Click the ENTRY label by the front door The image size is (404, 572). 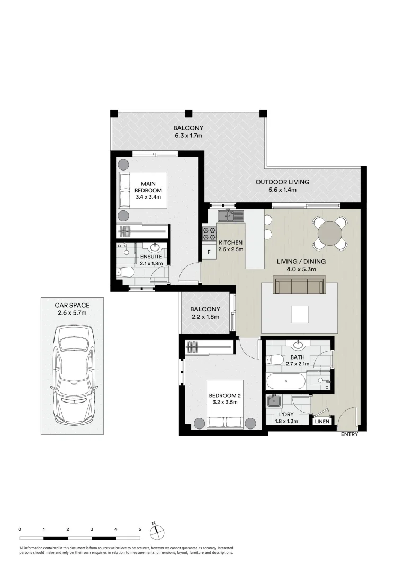click(x=349, y=435)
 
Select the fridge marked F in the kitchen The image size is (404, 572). click(x=209, y=252)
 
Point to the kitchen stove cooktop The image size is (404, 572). click(x=209, y=233)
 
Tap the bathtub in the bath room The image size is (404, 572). click(x=285, y=381)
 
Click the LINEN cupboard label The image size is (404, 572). click(x=322, y=422)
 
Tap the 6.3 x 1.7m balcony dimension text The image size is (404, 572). click(x=188, y=136)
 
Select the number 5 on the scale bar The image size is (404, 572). click(x=140, y=529)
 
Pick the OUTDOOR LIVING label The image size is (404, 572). click(x=282, y=182)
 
